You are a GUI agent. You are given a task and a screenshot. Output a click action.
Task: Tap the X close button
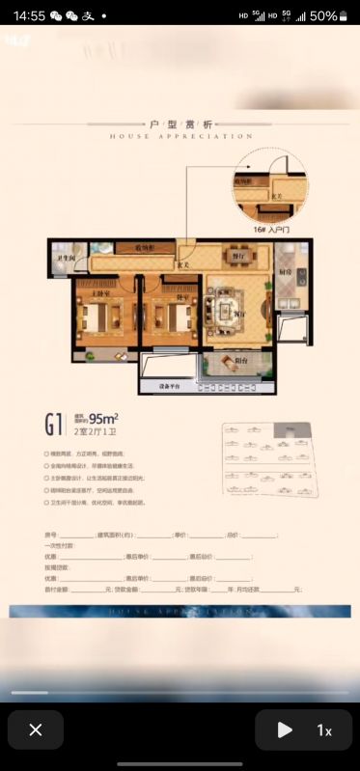[36, 730]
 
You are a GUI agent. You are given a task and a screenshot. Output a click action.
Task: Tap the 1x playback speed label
[324, 730]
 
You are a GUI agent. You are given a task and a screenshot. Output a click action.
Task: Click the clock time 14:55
[30, 15]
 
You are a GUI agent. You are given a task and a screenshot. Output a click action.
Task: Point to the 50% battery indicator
[329, 15]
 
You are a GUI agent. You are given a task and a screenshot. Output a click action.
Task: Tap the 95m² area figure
[103, 419]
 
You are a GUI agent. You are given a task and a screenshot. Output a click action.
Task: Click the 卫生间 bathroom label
[65, 260]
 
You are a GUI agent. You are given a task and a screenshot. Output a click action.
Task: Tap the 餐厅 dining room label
[236, 257]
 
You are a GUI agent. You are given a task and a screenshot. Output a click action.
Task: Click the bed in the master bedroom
[98, 316]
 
